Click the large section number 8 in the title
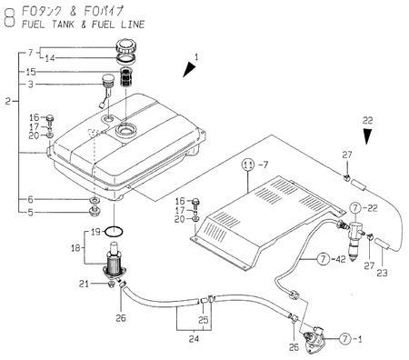pyautogui.click(x=9, y=16)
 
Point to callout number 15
pyautogui.click(x=31, y=72)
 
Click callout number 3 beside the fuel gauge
pyautogui.click(x=31, y=85)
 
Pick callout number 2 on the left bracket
pyautogui.click(x=7, y=101)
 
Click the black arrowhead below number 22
pyautogui.click(x=367, y=136)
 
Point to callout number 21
pyautogui.click(x=85, y=285)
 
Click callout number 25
pyautogui.click(x=204, y=321)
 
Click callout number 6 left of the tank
pyautogui.click(x=31, y=199)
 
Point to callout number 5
pyautogui.click(x=31, y=213)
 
